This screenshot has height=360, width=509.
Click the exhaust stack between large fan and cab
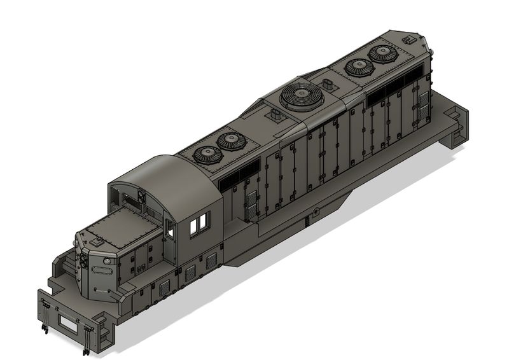click(277, 115)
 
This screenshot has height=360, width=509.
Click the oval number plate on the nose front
click(101, 269)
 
